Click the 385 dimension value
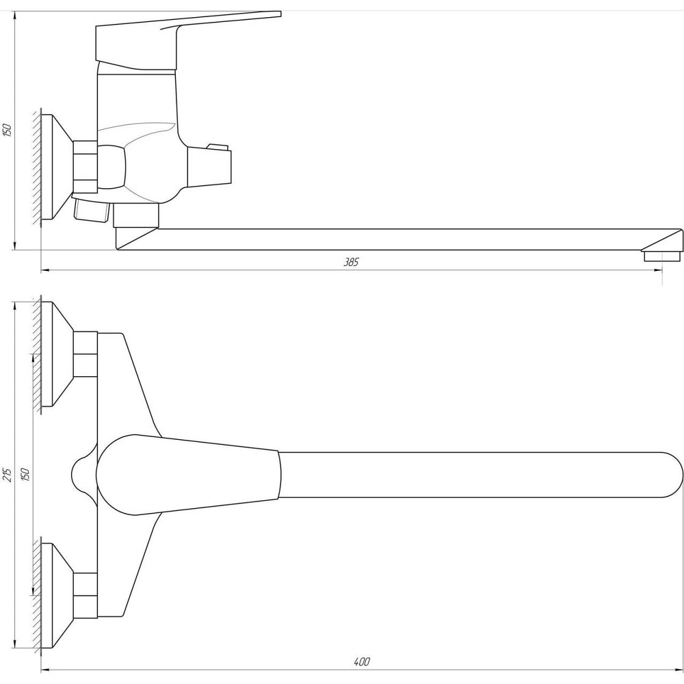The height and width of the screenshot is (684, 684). pos(351,262)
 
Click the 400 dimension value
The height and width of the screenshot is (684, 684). pos(362,661)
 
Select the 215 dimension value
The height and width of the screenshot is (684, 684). pos(8,475)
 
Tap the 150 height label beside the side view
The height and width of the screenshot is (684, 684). pos(8,131)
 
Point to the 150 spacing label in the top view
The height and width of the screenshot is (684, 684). pos(26,474)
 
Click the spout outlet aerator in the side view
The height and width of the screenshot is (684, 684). pos(662,255)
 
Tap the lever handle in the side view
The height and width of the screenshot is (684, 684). pos(187,40)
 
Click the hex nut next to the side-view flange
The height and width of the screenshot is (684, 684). pos(85,167)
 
